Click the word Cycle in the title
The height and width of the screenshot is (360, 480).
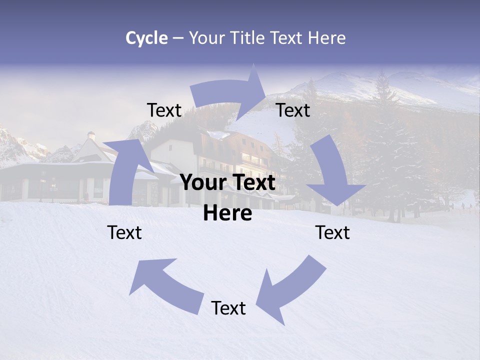tap(146, 38)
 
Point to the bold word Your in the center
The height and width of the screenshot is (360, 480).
tap(203, 183)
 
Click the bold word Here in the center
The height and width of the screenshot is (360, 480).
tap(227, 213)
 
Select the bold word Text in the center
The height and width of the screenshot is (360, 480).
tap(252, 183)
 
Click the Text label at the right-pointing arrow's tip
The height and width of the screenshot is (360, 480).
tap(293, 110)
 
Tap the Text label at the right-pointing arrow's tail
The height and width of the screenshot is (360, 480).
tap(164, 110)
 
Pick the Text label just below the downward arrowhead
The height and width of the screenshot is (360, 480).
tap(332, 232)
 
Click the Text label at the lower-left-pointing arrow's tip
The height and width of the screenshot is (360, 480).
tap(228, 308)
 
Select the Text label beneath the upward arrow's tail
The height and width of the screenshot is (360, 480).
tap(124, 232)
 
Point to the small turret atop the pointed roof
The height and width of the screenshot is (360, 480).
tap(91, 135)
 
